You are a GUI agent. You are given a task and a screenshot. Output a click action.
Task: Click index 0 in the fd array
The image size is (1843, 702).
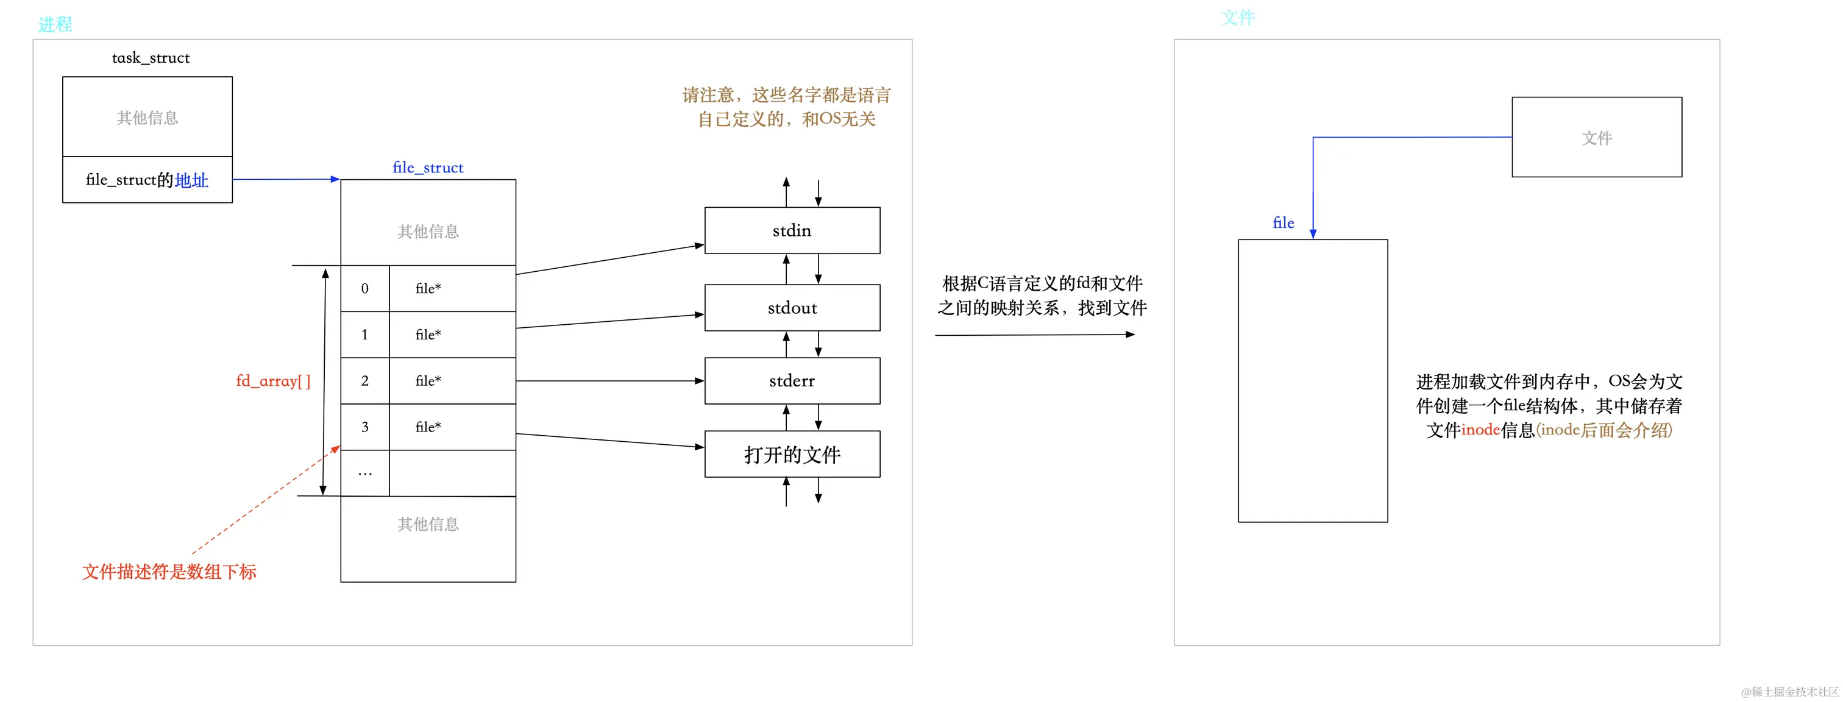coord(365,288)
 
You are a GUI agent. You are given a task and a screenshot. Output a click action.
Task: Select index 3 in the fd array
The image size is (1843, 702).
coord(365,427)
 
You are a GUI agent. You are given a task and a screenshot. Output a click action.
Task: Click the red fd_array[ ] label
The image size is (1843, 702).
coord(273,381)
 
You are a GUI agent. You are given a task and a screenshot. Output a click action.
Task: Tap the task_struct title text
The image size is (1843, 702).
coord(151,58)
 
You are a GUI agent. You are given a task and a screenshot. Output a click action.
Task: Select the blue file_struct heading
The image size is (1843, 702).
coord(428,168)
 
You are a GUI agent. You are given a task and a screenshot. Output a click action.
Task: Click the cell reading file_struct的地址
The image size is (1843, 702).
coord(147,180)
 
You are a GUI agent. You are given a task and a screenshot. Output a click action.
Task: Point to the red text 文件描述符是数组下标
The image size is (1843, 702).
coord(169,572)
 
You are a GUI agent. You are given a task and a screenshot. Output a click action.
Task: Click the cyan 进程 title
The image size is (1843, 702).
coord(55,24)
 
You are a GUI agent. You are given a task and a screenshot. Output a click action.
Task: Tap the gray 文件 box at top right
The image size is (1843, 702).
coord(1596,137)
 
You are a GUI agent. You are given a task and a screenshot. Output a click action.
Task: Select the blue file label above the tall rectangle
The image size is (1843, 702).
coord(1283,223)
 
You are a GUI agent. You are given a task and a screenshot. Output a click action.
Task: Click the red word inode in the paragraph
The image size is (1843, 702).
coord(1480,430)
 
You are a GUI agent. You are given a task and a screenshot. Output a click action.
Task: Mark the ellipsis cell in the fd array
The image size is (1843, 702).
coord(365,473)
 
